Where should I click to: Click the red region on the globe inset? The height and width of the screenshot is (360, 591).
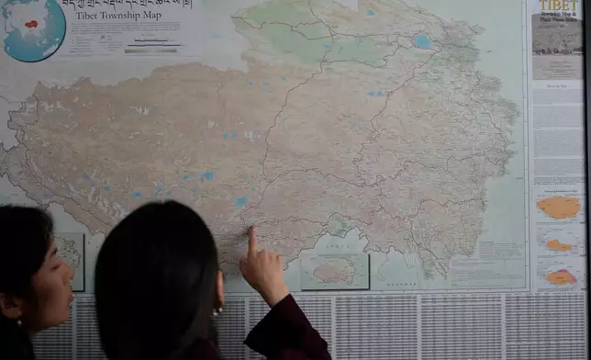[31, 24]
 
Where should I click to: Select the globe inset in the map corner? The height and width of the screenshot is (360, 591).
[33, 29]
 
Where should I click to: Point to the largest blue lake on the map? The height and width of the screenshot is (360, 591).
[422, 41]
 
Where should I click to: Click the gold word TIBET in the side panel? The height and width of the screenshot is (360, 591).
[556, 6]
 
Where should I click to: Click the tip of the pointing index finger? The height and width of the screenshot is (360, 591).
[251, 231]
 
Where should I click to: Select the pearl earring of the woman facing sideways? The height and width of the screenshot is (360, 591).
[17, 322]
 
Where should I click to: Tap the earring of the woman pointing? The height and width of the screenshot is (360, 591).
[218, 310]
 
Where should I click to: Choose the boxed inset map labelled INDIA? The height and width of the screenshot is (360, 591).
[334, 270]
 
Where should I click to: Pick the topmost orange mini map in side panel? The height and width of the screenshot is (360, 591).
[558, 207]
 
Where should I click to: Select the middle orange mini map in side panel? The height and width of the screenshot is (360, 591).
[558, 244]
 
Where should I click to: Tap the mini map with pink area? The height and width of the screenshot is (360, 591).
[559, 276]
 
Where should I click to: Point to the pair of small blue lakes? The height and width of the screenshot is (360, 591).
[376, 93]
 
